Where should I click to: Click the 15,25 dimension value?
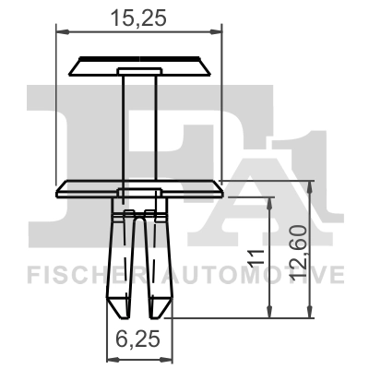point(138,18)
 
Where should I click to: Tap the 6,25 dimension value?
point(138,339)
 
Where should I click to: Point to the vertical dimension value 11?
point(256,257)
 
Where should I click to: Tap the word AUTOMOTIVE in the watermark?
point(253,275)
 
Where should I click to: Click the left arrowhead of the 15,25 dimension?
point(63,31)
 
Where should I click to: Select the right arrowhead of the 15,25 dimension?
point(215,31)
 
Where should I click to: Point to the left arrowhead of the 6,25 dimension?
point(113,359)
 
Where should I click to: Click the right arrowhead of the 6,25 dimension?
point(166,359)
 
